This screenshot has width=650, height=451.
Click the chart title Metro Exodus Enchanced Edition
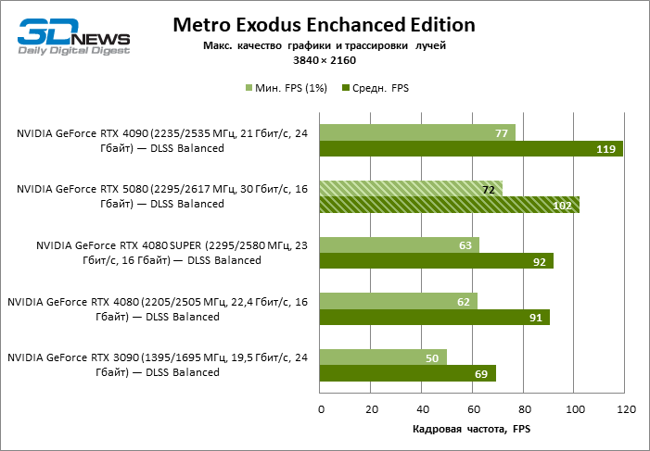point(324,24)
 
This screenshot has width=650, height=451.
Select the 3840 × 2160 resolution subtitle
point(324,59)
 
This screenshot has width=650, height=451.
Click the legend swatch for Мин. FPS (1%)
point(249,88)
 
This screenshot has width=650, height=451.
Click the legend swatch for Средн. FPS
point(347,88)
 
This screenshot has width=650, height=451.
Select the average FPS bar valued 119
point(471,149)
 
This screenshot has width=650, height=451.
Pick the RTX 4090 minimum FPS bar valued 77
point(417,132)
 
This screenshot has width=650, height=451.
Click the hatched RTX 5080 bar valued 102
point(450,205)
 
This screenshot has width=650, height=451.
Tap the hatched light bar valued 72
point(411,189)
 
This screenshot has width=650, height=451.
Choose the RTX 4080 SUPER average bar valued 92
point(437,261)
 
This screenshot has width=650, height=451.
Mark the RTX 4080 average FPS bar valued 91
point(435,317)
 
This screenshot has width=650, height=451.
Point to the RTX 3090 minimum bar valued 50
point(383,357)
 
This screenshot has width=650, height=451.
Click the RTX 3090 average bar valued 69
point(407,373)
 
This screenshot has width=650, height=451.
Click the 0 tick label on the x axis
point(321,407)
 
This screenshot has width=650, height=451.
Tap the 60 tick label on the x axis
point(473,407)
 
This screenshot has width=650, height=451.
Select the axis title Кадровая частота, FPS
point(471,430)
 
